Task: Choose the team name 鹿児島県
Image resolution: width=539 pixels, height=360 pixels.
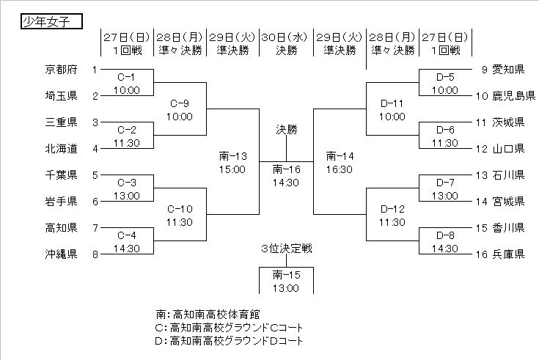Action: pos(508,96)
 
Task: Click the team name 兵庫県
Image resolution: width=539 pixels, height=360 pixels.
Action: pos(508,254)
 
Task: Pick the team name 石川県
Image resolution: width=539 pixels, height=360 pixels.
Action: pos(508,175)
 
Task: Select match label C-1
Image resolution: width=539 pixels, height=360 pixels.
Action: pos(126,77)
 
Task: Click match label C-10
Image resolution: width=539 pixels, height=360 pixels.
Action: pos(179,209)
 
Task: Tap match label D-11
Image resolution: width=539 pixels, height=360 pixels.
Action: pos(392,103)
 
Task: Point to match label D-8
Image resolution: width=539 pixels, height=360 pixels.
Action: pos(445,235)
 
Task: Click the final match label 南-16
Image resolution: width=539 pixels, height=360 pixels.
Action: pos(286,169)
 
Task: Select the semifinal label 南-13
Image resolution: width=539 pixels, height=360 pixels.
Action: pos(232,155)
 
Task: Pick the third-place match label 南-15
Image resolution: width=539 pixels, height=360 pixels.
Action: pos(286,275)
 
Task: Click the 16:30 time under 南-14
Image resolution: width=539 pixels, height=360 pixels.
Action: pos(340,169)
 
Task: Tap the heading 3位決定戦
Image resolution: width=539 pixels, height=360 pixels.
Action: pos(286,249)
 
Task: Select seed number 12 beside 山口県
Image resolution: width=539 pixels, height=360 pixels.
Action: pos(480,149)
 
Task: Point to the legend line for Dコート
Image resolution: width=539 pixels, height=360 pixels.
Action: pos(230,340)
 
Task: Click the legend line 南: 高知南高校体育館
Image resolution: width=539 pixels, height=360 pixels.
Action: pos(209,314)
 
